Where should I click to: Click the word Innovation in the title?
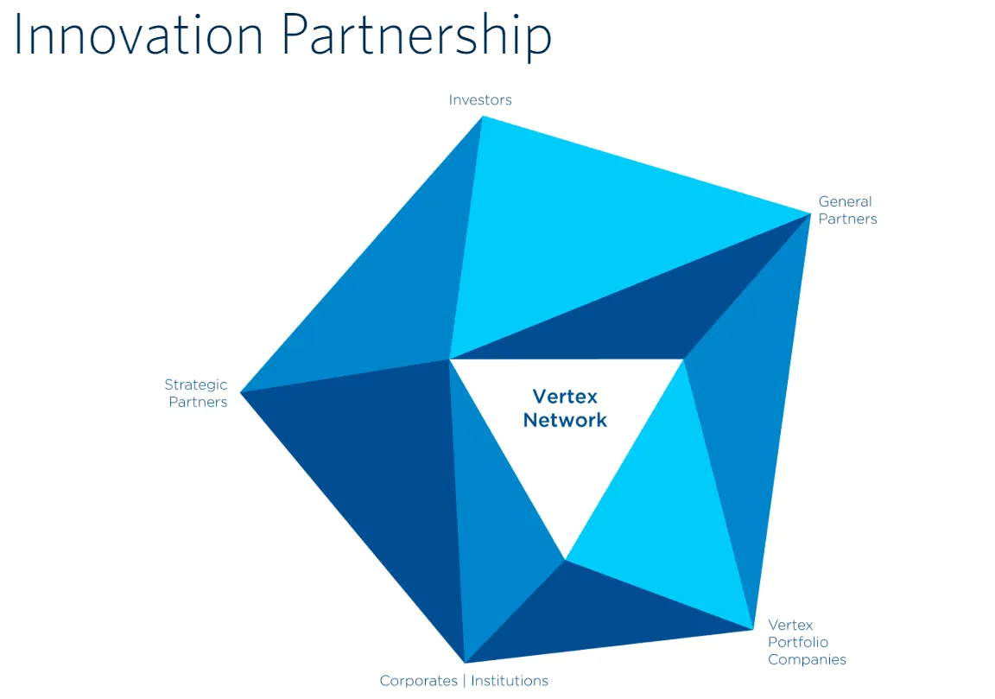click(x=138, y=36)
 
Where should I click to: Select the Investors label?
click(x=480, y=100)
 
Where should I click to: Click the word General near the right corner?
click(x=845, y=202)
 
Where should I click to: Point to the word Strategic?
click(x=196, y=385)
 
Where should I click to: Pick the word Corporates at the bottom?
click(x=418, y=681)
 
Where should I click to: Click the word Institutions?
click(x=509, y=681)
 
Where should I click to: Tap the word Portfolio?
click(x=797, y=643)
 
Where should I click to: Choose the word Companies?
click(x=807, y=660)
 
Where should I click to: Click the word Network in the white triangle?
click(x=565, y=421)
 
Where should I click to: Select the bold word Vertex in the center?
click(x=565, y=397)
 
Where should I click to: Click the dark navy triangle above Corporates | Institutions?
click(x=587, y=613)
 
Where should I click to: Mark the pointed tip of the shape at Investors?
click(x=481, y=117)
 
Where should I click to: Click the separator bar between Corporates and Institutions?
click(x=463, y=681)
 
